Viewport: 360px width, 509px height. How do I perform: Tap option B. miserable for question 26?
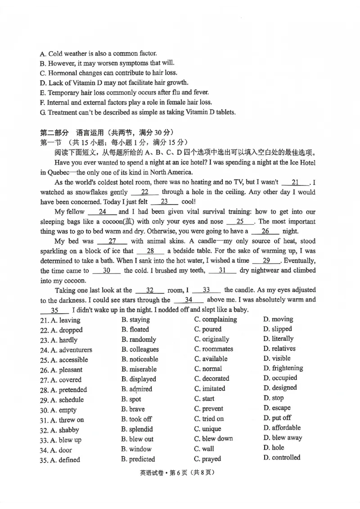click(139, 369)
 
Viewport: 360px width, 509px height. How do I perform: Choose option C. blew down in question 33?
click(214, 439)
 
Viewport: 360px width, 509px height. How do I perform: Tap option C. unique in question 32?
click(207, 429)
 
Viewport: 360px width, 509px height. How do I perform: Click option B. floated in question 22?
click(135, 330)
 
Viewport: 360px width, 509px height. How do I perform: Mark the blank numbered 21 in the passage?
click(295, 183)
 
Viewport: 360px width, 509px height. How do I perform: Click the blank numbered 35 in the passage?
click(54, 310)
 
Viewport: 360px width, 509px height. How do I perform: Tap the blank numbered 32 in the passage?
click(150, 290)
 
